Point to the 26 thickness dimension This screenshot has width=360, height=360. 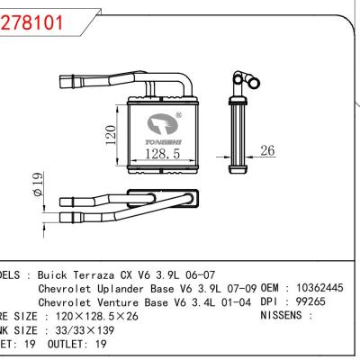[x=266, y=151]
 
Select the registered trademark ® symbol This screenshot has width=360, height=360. [x=178, y=115]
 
